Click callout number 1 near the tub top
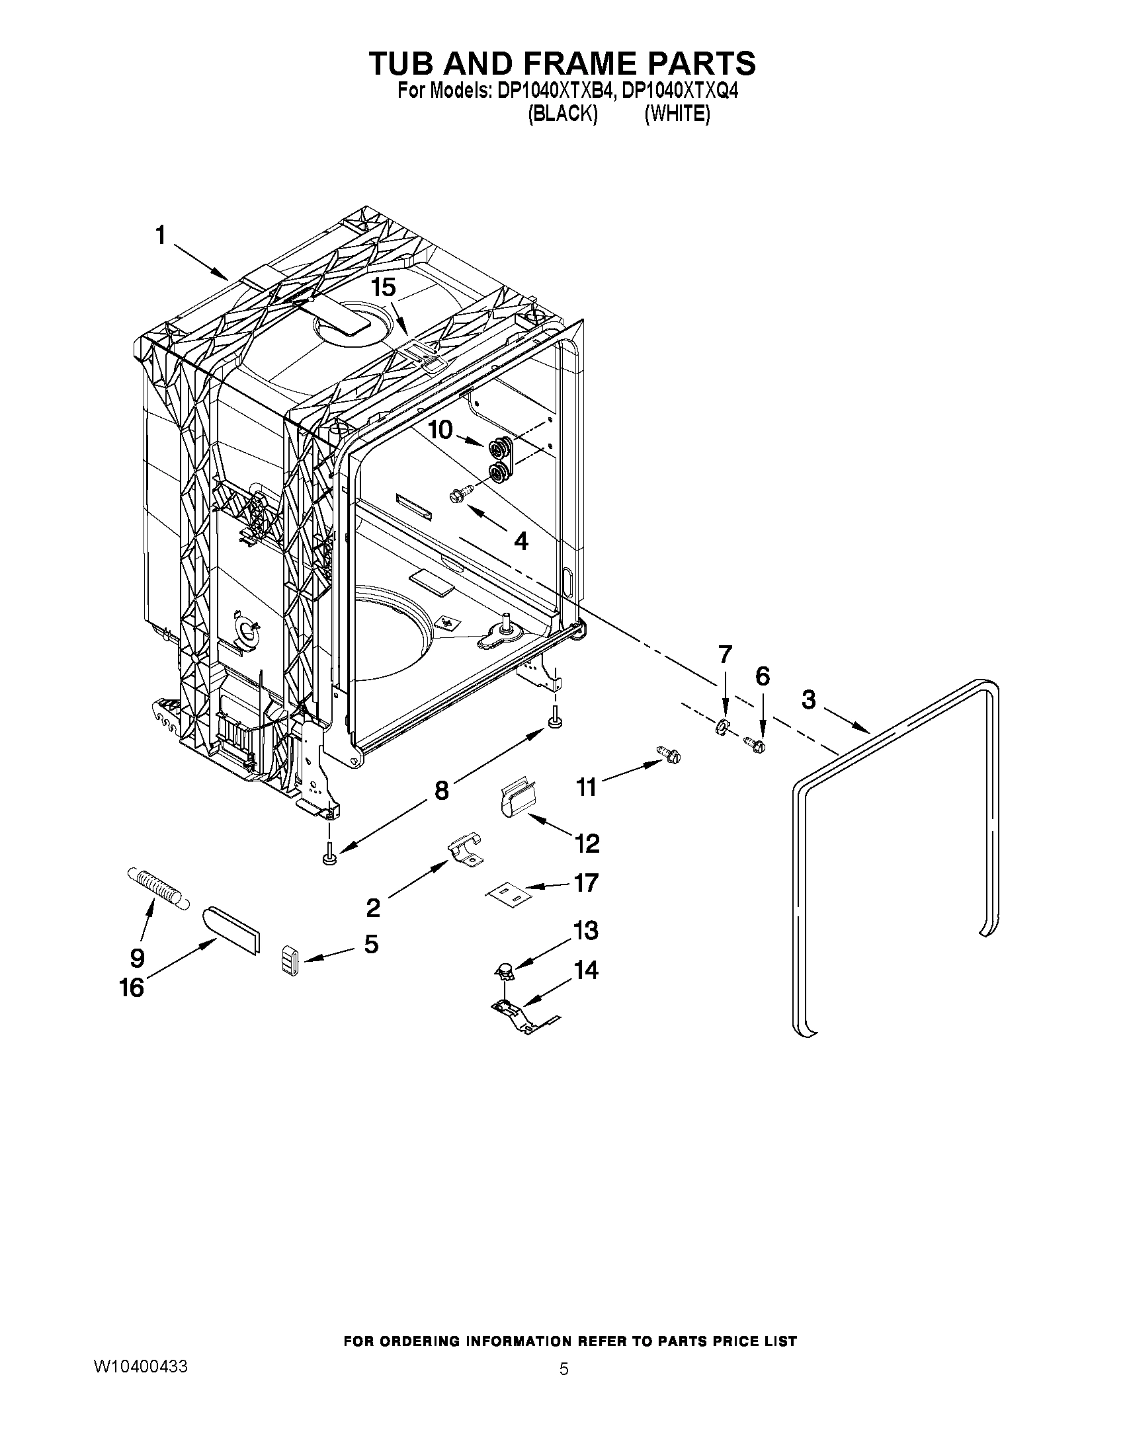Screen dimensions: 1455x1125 pos(160,235)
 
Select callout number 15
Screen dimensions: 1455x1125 pos(384,288)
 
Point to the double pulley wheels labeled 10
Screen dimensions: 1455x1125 pos(501,459)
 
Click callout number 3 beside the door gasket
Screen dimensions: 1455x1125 pos(808,701)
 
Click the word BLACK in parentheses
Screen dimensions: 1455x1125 pos(562,114)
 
